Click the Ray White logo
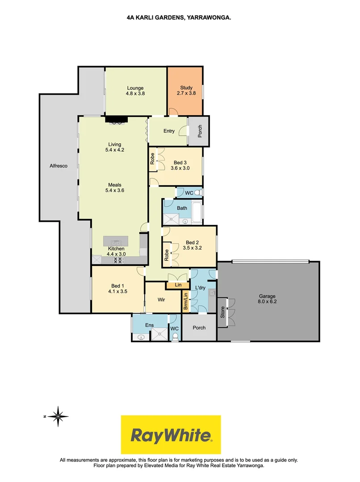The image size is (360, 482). (171, 435)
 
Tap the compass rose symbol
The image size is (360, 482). (58, 417)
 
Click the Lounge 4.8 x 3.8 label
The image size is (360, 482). (135, 91)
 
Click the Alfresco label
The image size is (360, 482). (59, 166)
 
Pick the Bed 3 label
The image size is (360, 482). (180, 166)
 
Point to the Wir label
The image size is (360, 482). (161, 300)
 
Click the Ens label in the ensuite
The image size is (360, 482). (149, 325)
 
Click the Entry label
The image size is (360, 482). (169, 131)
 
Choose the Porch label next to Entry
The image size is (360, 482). (200, 131)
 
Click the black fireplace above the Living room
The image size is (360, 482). (116, 119)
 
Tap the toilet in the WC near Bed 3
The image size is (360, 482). (199, 192)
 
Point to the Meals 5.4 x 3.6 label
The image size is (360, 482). (115, 187)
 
